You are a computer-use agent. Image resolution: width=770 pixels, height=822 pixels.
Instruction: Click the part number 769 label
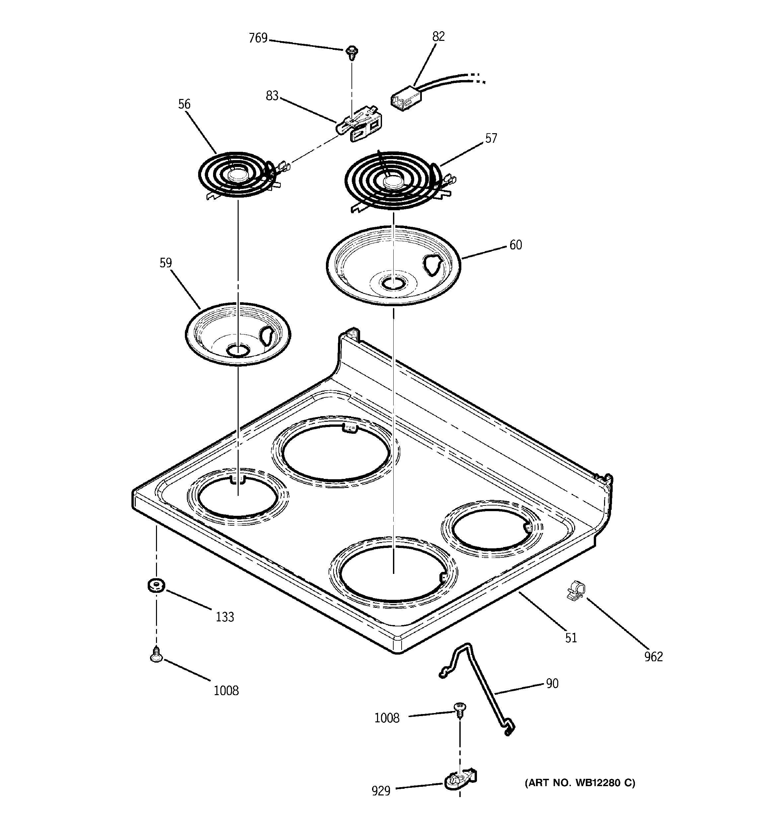pyautogui.click(x=258, y=38)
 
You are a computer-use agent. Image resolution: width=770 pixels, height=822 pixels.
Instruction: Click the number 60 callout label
pyautogui.click(x=515, y=245)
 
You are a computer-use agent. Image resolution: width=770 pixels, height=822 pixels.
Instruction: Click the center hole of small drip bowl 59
pyautogui.click(x=238, y=351)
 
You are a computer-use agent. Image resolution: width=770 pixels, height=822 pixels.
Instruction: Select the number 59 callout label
pyautogui.click(x=166, y=263)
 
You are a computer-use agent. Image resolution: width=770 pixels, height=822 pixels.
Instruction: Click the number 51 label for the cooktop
pyautogui.click(x=571, y=638)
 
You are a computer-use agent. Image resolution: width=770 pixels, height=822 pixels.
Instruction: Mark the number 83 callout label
pyautogui.click(x=272, y=96)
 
